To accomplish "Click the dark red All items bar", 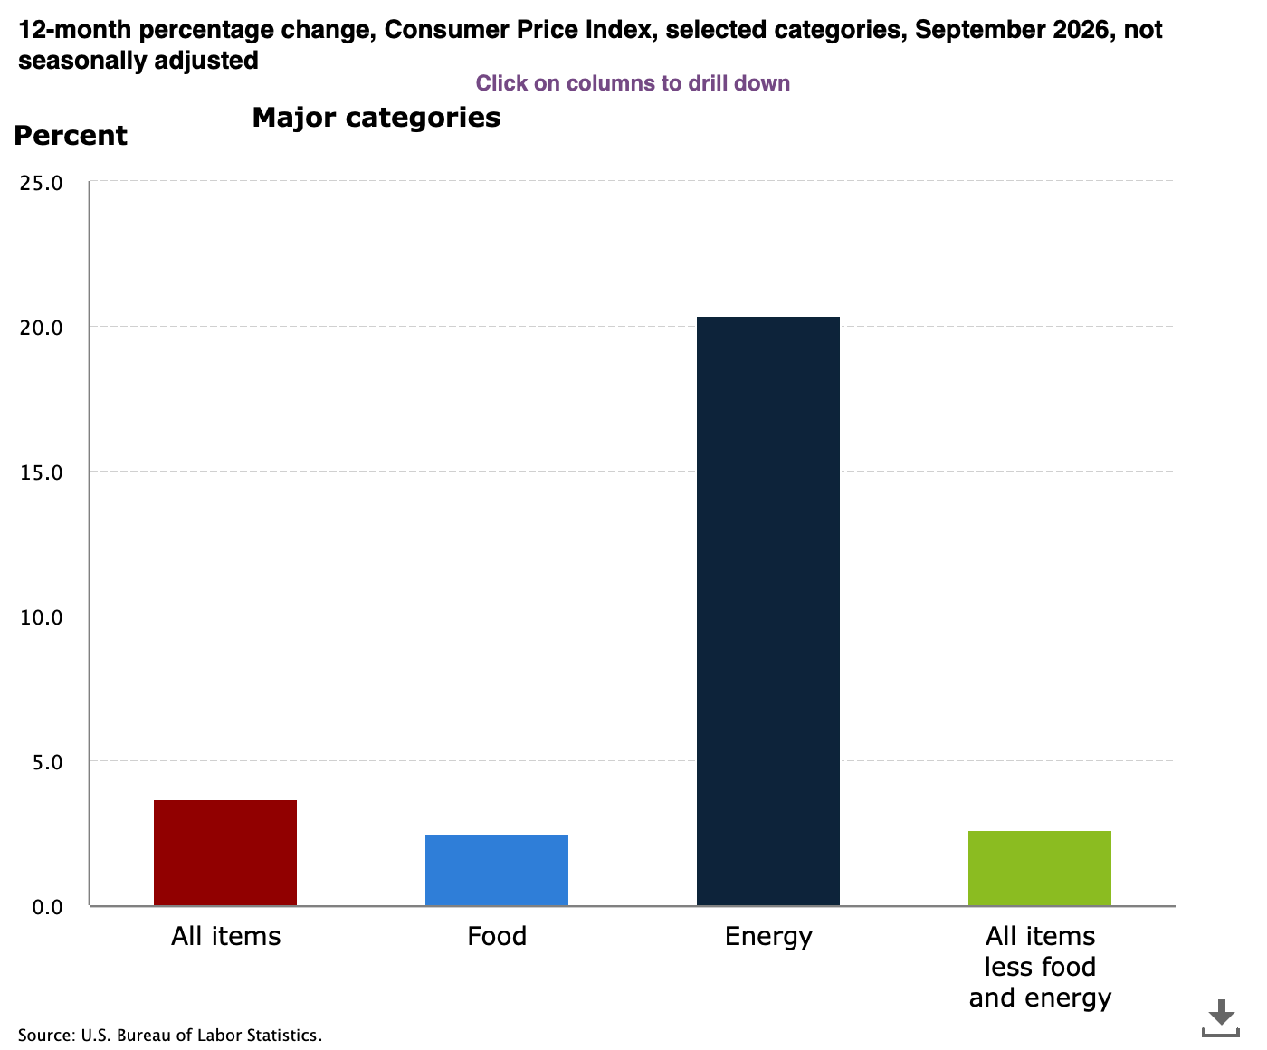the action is coord(225,853).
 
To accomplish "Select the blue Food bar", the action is coord(496,870).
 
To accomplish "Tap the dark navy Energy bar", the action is coord(768,611).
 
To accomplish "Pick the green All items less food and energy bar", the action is coord(1040,868).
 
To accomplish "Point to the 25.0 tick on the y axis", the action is coord(42,183).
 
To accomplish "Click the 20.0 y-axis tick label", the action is coord(42,328).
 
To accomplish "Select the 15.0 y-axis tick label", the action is coord(42,472).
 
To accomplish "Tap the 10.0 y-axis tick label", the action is coord(42,617).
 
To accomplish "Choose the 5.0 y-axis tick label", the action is coord(47,762).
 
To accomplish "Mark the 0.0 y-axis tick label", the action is coord(47,907).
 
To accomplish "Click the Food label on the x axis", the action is coord(497,936).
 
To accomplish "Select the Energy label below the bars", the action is coord(768,937).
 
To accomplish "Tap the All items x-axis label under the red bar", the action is coord(225,936).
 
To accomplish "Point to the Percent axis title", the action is coord(71,136).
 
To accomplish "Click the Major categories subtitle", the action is coord(376,118).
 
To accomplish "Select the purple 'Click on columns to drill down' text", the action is coord(633,83).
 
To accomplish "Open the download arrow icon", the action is coord(1221,1018).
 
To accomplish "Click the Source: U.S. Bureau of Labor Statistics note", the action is coord(170,1035).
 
